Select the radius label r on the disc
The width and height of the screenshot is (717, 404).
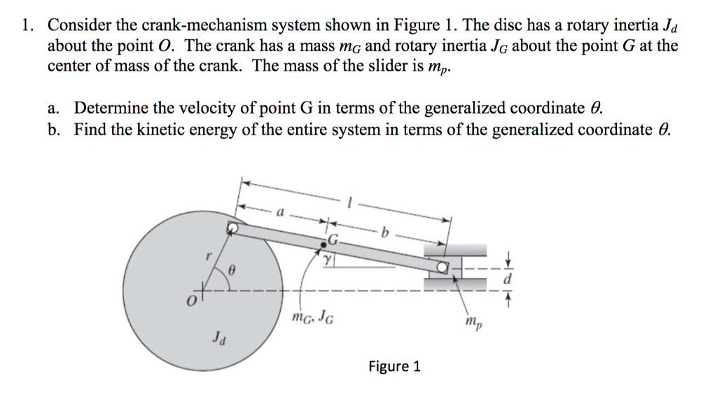pos(208,257)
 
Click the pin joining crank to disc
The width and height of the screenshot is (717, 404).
pos(232,228)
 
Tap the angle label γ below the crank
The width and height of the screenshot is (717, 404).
pos(327,260)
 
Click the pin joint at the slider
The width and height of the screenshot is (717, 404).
pos(442,267)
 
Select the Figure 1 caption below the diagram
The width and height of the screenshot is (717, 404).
pos(394,366)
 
